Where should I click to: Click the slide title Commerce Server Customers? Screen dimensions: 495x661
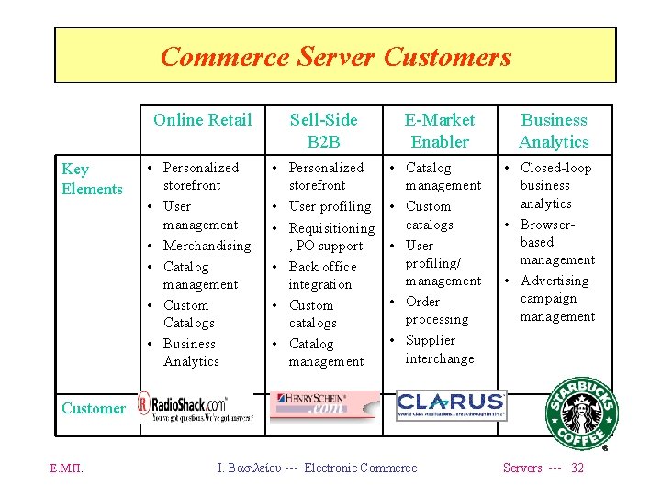click(x=335, y=57)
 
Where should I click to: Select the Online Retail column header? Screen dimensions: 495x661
click(x=202, y=120)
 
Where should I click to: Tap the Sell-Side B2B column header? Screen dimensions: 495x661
click(x=323, y=130)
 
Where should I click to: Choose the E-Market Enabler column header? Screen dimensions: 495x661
click(x=440, y=130)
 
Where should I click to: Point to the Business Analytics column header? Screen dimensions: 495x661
click(x=554, y=130)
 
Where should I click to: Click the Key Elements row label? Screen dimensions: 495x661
click(x=91, y=179)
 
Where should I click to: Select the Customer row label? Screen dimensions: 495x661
click(x=93, y=408)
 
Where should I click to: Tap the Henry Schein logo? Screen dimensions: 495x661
click(x=323, y=404)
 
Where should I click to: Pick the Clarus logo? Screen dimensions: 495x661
click(x=450, y=404)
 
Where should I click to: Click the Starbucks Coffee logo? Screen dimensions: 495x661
click(x=582, y=412)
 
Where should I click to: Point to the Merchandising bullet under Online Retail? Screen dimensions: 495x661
click(x=207, y=246)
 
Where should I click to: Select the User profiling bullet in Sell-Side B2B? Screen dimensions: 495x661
click(x=330, y=206)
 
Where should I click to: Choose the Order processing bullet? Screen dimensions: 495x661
click(x=436, y=310)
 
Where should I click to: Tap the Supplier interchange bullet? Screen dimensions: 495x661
click(x=439, y=348)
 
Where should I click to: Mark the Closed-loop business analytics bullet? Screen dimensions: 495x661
click(x=554, y=185)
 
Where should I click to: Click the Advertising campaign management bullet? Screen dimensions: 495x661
click(x=555, y=298)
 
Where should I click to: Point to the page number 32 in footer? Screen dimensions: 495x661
click(x=577, y=467)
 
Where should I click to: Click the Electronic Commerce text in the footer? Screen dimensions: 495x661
click(x=360, y=467)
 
